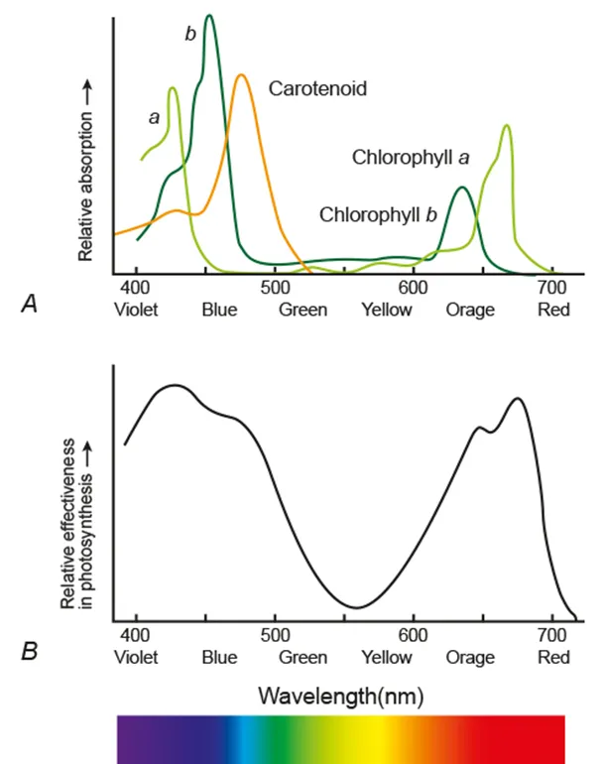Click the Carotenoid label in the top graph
click(x=317, y=89)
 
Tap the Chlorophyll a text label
click(x=410, y=158)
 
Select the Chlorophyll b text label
click(x=378, y=214)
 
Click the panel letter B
click(x=30, y=653)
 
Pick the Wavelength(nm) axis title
click(x=341, y=696)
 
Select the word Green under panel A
click(x=302, y=310)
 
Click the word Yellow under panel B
click(x=387, y=657)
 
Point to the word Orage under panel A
click(x=470, y=310)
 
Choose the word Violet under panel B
click(x=137, y=657)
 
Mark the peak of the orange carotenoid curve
click(x=241, y=75)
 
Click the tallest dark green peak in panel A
click(x=208, y=16)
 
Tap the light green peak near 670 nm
click(x=506, y=126)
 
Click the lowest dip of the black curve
click(x=358, y=607)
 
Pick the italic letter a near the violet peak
click(x=154, y=117)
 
